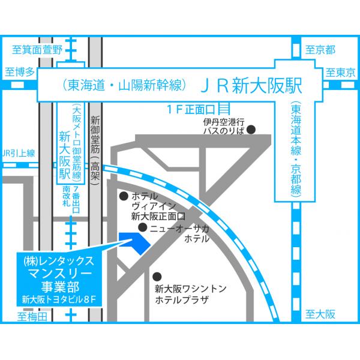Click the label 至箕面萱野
click(37, 50)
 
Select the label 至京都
click(320, 50)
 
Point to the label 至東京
click(341, 73)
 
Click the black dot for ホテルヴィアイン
click(124, 196)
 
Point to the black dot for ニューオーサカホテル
click(142, 228)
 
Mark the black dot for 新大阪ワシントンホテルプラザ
click(157, 276)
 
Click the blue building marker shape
click(133, 241)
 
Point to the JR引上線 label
click(19, 152)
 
